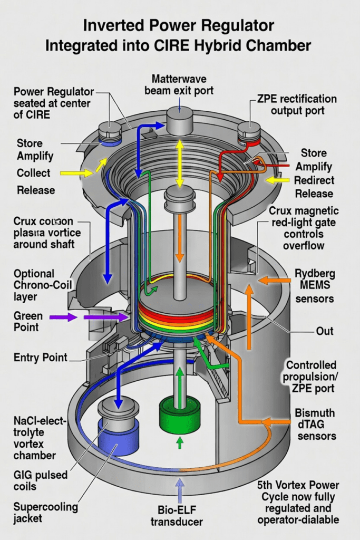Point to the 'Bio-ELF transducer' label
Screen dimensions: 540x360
[181, 516]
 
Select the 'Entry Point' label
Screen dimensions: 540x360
[41, 358]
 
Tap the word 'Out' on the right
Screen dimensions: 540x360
[325, 331]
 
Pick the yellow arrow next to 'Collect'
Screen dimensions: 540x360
[75, 173]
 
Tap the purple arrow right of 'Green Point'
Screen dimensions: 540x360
[63, 317]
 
